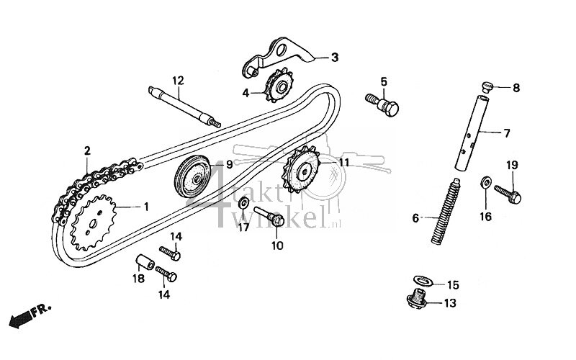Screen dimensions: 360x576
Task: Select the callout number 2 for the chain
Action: [87, 151]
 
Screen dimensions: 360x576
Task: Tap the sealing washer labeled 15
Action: [420, 282]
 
